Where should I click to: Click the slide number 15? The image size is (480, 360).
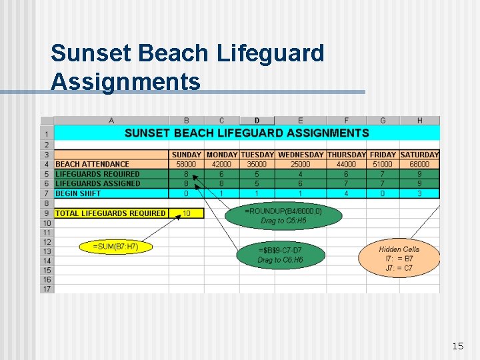[457, 346]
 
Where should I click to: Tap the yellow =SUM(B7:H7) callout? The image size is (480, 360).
[116, 247]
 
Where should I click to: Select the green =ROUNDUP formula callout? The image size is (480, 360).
[283, 215]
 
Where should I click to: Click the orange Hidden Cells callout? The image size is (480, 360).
[399, 258]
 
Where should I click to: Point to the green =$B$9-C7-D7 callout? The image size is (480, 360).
[280, 255]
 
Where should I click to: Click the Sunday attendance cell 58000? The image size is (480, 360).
[186, 164]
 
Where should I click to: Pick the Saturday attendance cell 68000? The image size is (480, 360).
[419, 164]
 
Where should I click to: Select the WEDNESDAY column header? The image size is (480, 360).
[301, 155]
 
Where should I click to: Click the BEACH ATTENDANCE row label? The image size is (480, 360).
[93, 164]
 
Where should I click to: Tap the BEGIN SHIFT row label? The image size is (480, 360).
[79, 193]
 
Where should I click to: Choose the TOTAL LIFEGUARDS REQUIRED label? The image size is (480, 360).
[111, 213]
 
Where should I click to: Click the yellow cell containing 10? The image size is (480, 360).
[186, 213]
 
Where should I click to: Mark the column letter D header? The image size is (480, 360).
[257, 121]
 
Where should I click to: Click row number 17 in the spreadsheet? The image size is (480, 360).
[47, 289]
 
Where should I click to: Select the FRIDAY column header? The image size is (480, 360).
[383, 155]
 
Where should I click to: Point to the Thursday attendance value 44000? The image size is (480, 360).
[346, 164]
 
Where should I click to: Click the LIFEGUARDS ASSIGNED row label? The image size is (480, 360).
[98, 183]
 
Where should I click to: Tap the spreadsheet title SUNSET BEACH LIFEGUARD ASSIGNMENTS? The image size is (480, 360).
[247, 133]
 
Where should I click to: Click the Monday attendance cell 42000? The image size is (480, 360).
[221, 164]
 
